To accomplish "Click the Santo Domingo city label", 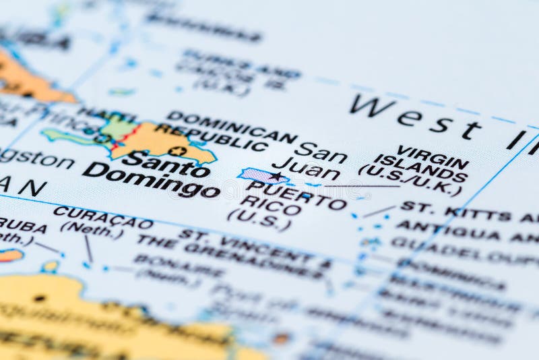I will tap(151, 174).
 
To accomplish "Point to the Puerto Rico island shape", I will tap(259, 176).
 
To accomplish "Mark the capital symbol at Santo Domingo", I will tap(178, 151).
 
